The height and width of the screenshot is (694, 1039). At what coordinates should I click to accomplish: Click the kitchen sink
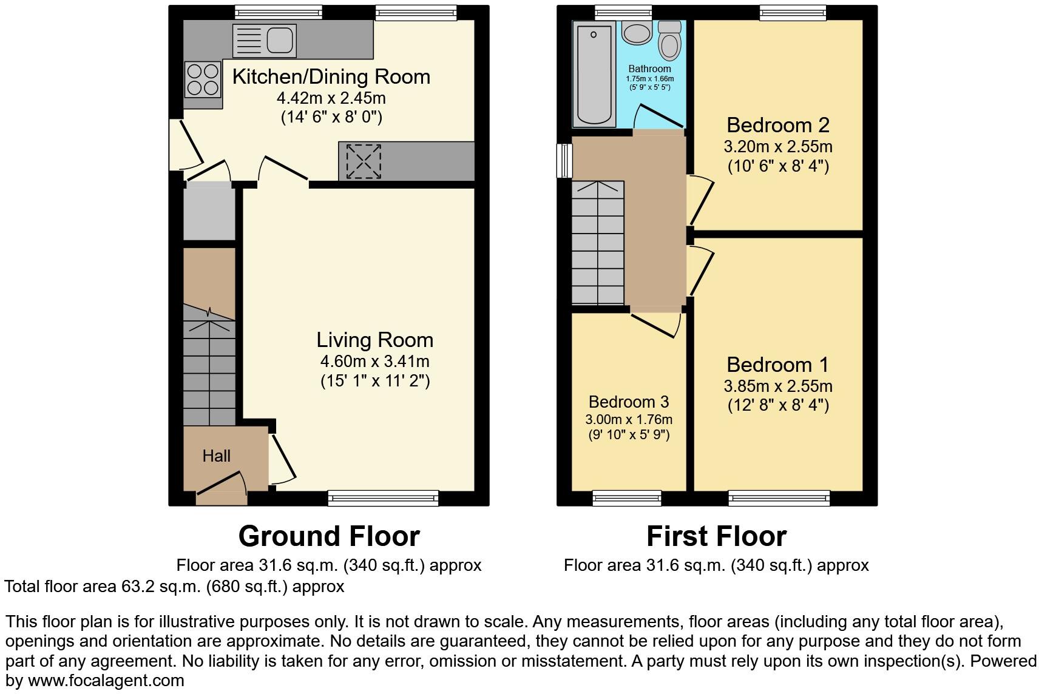265,41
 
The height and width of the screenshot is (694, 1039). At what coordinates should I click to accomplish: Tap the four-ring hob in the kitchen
203,80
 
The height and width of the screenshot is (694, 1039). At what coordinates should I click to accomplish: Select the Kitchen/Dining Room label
331,77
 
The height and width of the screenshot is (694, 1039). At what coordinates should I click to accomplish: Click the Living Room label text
375,340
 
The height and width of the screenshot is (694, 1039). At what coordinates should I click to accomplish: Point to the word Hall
216,456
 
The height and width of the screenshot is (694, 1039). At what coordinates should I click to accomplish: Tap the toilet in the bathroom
669,41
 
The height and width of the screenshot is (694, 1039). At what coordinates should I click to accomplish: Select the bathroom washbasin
635,33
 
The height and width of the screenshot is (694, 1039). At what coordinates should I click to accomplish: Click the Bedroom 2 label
777,125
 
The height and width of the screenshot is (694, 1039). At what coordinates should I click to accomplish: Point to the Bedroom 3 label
629,402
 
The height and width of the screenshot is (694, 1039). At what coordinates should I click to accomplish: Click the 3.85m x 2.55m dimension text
777,386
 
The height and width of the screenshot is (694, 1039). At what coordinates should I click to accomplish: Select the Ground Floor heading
329,536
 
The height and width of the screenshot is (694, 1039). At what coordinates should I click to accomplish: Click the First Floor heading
716,536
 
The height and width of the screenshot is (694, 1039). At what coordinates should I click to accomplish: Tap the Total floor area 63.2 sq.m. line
174,587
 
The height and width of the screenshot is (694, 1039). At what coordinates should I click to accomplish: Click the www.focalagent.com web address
106,681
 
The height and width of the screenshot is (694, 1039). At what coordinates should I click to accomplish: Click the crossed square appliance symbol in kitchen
364,161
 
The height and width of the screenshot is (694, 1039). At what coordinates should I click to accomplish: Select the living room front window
383,499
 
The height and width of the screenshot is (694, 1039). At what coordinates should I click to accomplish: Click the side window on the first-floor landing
564,160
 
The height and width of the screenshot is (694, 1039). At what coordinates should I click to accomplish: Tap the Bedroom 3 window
627,499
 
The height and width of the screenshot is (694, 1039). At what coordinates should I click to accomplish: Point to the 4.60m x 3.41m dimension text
375,362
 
